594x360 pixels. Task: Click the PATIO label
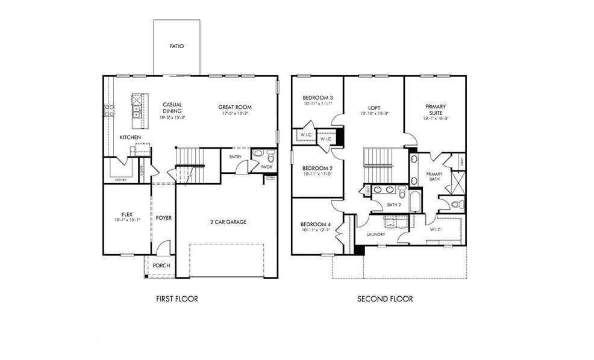(x=176, y=46)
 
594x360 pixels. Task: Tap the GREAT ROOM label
(x=234, y=107)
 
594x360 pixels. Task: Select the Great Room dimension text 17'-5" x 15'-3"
(x=234, y=113)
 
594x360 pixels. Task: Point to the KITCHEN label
(x=130, y=137)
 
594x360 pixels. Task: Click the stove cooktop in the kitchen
(x=110, y=110)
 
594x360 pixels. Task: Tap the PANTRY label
(x=121, y=179)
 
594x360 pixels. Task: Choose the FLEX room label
(x=127, y=214)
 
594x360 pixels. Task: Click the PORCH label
(x=161, y=265)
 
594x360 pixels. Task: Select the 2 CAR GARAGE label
(x=228, y=222)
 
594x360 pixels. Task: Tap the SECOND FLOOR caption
(x=385, y=299)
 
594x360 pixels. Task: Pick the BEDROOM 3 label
(x=317, y=98)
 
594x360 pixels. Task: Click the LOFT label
(x=374, y=108)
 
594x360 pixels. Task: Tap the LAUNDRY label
(x=375, y=234)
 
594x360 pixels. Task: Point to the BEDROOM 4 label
(x=316, y=224)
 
